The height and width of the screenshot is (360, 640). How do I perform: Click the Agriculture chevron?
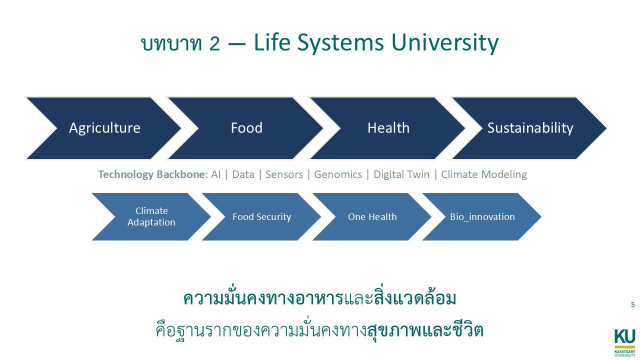point(104,128)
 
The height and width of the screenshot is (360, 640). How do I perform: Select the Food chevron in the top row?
point(246,128)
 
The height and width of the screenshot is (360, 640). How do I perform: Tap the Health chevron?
point(388,128)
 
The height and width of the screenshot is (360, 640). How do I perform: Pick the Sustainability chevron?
point(530,128)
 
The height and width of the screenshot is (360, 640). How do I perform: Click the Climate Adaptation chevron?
point(151,216)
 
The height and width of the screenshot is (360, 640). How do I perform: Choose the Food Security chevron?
point(261,216)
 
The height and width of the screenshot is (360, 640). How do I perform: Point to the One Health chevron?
point(372,216)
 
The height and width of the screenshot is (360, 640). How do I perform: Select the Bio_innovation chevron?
point(482,216)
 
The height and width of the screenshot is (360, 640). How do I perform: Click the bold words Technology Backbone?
point(151,174)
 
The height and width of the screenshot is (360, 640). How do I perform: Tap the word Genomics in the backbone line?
point(337,174)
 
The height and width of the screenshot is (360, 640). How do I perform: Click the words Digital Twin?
point(401,174)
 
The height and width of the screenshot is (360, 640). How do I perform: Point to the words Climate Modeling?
point(483,174)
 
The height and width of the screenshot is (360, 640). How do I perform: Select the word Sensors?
point(284,174)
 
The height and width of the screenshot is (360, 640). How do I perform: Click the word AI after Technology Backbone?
point(215,174)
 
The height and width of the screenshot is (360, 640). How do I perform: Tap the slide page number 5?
point(632,304)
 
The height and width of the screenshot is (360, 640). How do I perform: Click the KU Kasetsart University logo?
point(624,341)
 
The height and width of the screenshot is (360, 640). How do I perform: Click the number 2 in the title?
point(214,43)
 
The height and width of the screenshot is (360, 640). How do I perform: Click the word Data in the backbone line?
point(243,174)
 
